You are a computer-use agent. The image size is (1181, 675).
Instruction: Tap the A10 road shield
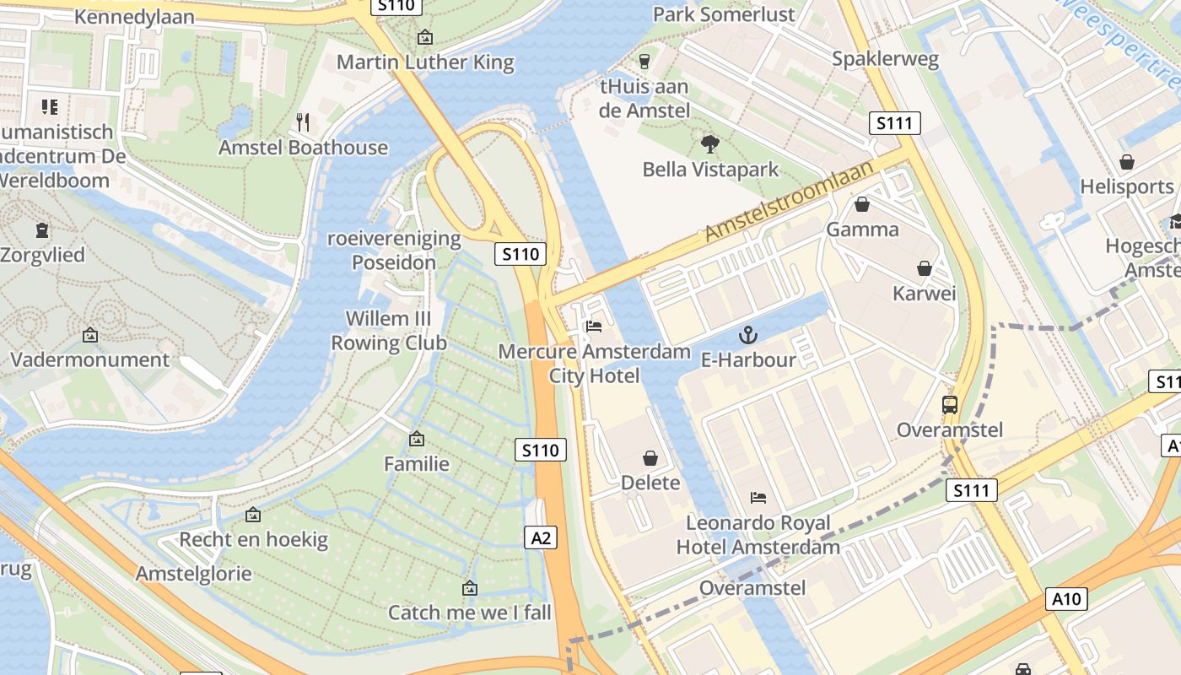pyautogui.click(x=1067, y=599)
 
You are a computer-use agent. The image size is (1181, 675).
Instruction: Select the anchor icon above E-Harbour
pyautogui.click(x=747, y=336)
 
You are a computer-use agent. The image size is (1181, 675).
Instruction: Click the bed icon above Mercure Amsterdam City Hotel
pyautogui.click(x=594, y=326)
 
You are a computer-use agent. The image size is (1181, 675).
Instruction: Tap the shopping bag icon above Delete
pyautogui.click(x=650, y=458)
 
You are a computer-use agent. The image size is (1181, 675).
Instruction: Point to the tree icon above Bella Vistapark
pyautogui.click(x=710, y=144)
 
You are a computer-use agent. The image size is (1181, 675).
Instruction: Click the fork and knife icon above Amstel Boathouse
pyautogui.click(x=303, y=122)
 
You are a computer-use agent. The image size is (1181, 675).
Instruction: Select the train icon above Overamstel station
pyautogui.click(x=950, y=405)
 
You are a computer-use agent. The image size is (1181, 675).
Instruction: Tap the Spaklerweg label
pyautogui.click(x=884, y=58)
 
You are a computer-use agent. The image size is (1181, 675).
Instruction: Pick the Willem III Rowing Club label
pyautogui.click(x=388, y=331)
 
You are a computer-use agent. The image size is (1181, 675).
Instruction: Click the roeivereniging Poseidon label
pyautogui.click(x=394, y=250)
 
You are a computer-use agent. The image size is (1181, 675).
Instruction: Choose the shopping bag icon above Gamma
pyautogui.click(x=862, y=204)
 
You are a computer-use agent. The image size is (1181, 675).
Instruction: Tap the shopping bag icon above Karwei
pyautogui.click(x=925, y=268)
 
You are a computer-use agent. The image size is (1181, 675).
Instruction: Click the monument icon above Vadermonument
pyautogui.click(x=90, y=335)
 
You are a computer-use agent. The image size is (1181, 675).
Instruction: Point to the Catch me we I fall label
pyautogui.click(x=469, y=613)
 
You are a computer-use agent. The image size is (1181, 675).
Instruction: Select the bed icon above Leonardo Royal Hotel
pyautogui.click(x=758, y=498)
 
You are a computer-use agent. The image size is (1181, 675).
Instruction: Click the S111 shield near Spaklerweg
pyautogui.click(x=894, y=124)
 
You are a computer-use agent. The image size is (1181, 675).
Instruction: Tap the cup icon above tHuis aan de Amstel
pyautogui.click(x=644, y=61)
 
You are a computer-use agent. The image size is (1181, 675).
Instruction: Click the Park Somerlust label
pyautogui.click(x=724, y=14)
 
